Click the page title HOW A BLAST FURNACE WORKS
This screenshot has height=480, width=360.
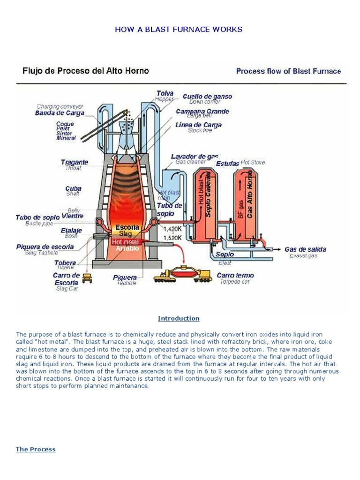pyautogui.click(x=179, y=30)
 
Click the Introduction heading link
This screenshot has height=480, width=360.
pyautogui.click(x=179, y=318)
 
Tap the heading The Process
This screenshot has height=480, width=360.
pyautogui.click(x=36, y=449)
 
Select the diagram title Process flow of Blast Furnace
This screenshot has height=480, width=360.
pyautogui.click(x=288, y=71)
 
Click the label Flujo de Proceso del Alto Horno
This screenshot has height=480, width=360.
pyautogui.click(x=86, y=71)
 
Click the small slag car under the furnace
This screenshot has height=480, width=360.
pyautogui.click(x=87, y=278)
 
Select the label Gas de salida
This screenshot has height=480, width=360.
pyautogui.click(x=305, y=249)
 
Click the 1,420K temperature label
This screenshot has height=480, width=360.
pyautogui.click(x=172, y=229)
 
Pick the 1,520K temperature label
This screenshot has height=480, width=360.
pyautogui.click(x=172, y=238)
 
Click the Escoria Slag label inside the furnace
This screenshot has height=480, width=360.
pyautogui.click(x=127, y=230)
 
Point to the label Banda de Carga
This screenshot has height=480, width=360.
pyautogui.click(x=60, y=113)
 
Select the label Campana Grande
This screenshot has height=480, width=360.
pyautogui.click(x=202, y=112)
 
